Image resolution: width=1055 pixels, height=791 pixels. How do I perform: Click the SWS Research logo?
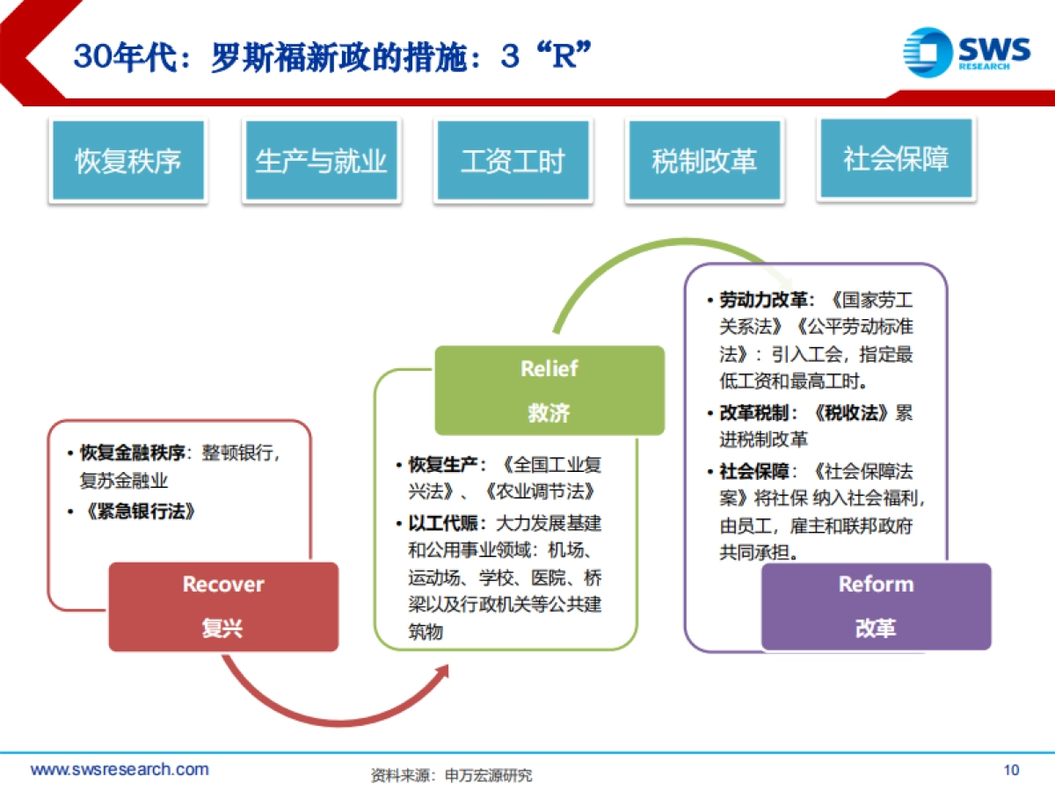coord(966,52)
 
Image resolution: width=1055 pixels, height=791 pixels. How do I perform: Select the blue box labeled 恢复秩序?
coord(128,161)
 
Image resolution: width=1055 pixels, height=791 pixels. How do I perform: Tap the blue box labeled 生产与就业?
coord(321,161)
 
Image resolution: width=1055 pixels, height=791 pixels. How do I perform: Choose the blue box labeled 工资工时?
coord(513,161)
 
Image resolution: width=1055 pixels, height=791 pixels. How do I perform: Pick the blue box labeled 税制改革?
coord(704,161)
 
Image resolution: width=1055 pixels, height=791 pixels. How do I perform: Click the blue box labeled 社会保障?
coord(896,158)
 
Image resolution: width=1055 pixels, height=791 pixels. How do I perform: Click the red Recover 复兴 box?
coord(223,606)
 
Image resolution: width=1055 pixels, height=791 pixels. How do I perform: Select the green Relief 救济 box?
coord(549,390)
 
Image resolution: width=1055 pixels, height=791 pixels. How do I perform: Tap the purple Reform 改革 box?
coord(876,606)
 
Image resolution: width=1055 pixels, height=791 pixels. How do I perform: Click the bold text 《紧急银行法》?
coord(137,511)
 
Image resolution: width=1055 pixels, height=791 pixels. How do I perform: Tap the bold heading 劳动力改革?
coord(763,300)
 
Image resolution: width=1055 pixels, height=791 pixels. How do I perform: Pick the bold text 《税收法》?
coord(854,413)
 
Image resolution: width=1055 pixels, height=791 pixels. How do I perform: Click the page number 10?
coord(1011,771)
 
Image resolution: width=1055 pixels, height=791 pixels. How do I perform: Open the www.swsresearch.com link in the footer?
coord(120,770)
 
